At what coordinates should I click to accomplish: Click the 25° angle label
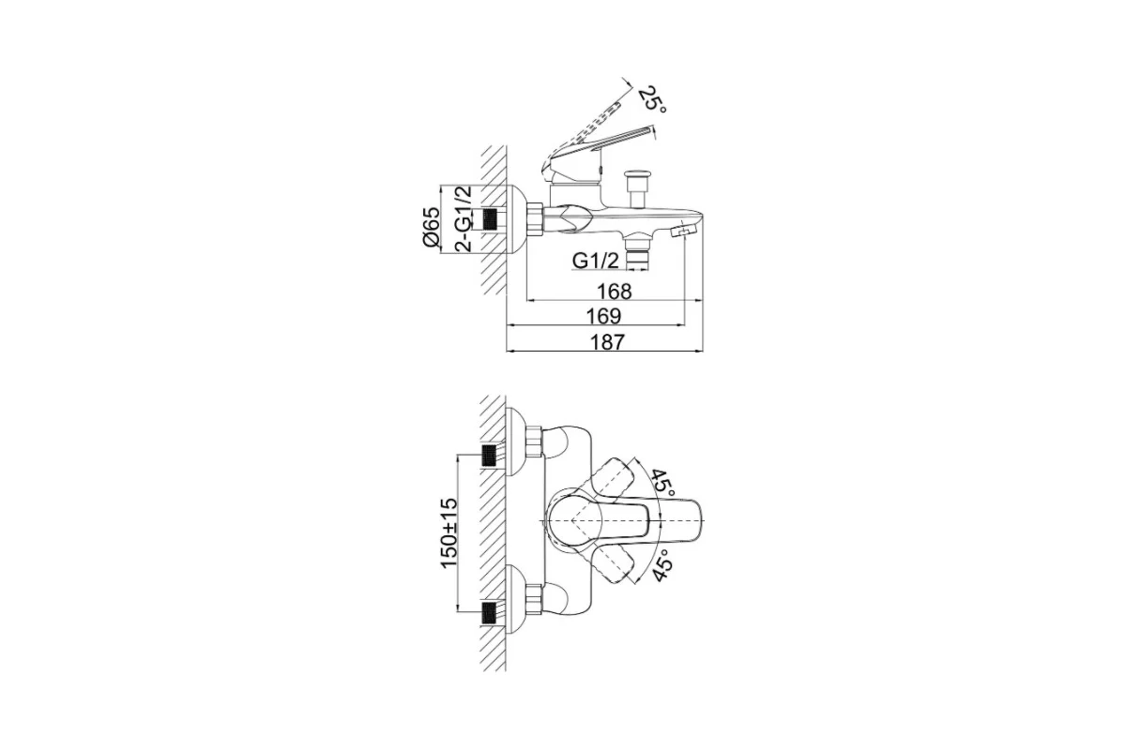[x=652, y=100]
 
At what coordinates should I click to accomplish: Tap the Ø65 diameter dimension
[x=432, y=227]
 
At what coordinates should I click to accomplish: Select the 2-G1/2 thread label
[x=463, y=218]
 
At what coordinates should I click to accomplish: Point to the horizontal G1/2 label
[x=596, y=261]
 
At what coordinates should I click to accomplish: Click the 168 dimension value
[x=614, y=292]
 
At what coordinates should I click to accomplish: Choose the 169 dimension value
[x=603, y=317]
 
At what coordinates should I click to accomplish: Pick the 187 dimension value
[x=606, y=342]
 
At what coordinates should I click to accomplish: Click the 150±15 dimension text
[x=449, y=533]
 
